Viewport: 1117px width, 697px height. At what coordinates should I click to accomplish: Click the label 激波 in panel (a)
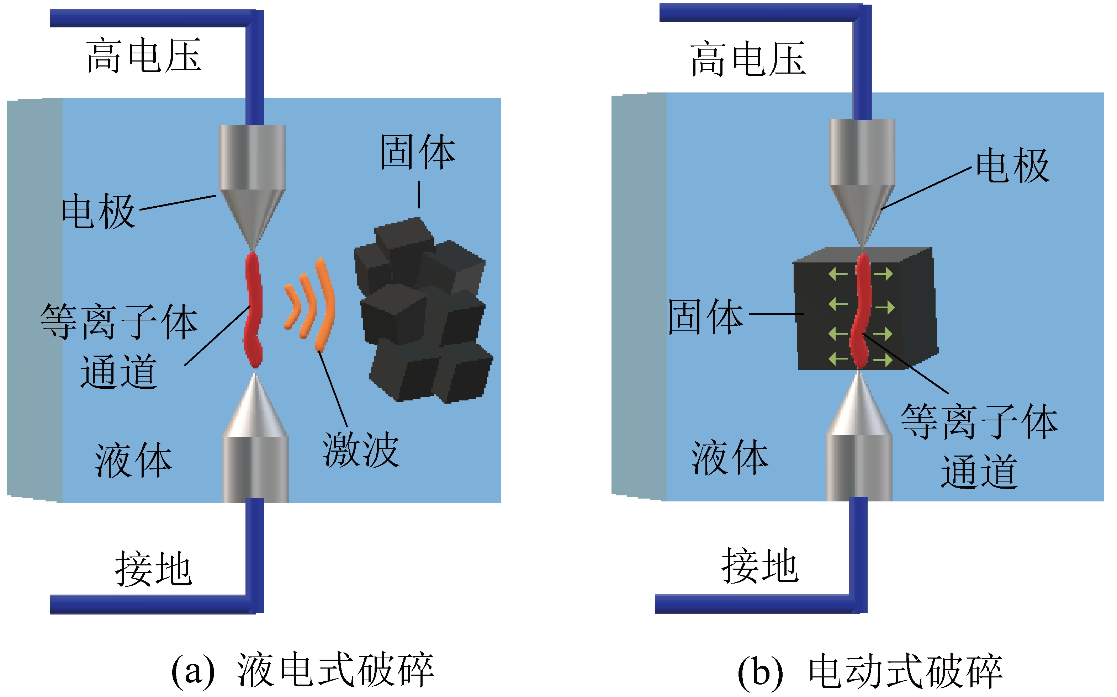point(360,450)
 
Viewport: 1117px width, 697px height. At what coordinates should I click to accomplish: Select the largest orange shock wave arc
point(325,304)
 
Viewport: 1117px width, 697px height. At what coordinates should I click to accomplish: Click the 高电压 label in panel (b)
point(748,59)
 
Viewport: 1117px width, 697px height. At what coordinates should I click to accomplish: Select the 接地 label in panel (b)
point(760,566)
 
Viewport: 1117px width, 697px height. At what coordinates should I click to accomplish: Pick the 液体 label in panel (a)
point(133,461)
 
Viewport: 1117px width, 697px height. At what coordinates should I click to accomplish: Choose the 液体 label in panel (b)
point(730,457)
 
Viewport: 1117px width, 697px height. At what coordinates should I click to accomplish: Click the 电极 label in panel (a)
point(98,211)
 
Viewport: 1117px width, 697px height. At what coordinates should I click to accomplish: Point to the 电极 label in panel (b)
point(1013,166)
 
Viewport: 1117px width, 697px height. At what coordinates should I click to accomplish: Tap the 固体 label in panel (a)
point(418,152)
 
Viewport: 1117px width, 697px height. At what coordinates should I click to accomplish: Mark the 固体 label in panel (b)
point(705,317)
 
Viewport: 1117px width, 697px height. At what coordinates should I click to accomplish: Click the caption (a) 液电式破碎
point(302,670)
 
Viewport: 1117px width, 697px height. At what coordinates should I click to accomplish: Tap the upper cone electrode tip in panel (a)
point(253,240)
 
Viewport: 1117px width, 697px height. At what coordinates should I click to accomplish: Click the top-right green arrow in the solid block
point(883,274)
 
